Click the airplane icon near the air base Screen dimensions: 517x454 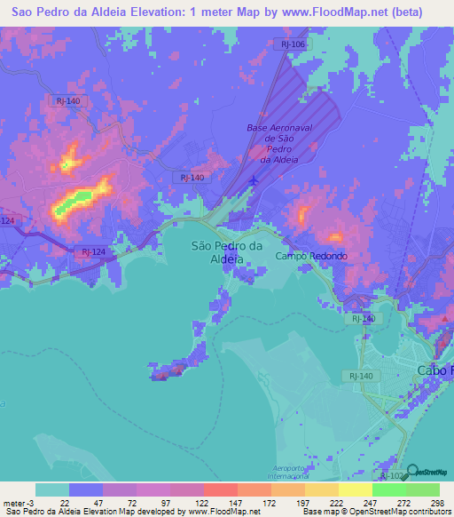255,181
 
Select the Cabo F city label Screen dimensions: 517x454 434,370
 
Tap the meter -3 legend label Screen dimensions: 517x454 17,504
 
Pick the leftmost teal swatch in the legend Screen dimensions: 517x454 52,489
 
